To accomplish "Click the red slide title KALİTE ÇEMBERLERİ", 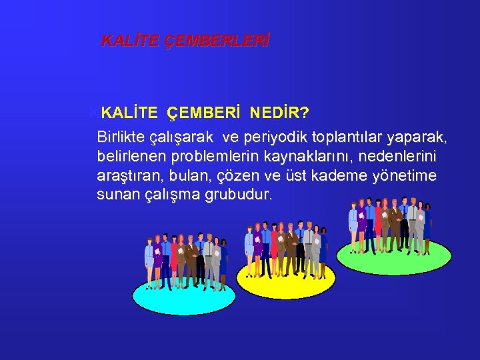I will pyautogui.click(x=185, y=41).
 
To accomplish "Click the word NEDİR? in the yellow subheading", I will pyautogui.click(x=279, y=111).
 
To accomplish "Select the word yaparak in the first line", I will pyautogui.click(x=417, y=137).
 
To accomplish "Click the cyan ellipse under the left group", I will pyautogui.click(x=174, y=296).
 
